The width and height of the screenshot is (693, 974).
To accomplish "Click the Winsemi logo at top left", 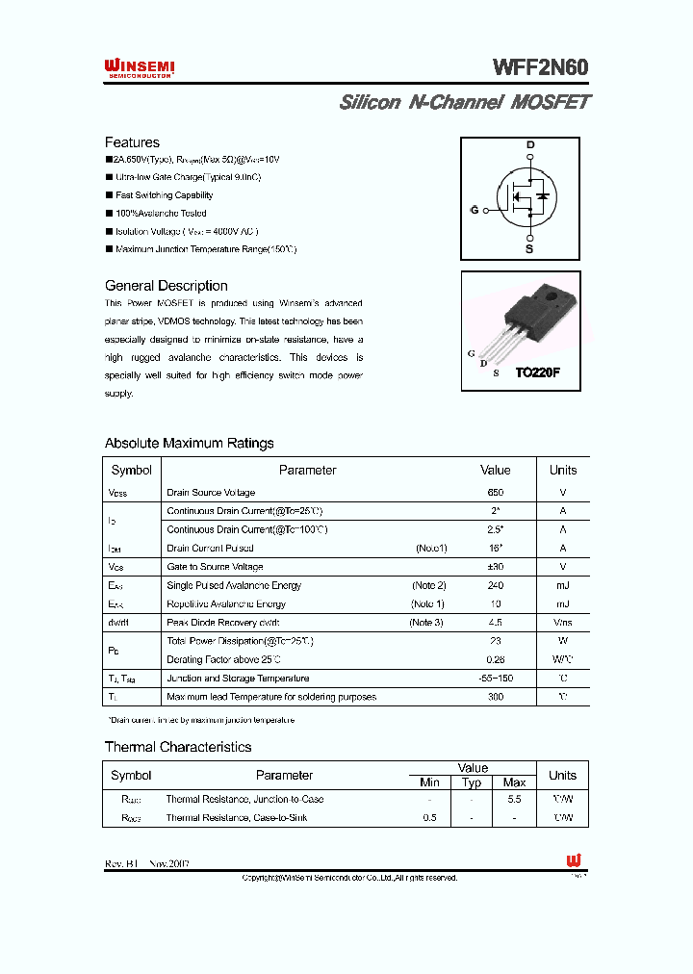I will pos(140,66).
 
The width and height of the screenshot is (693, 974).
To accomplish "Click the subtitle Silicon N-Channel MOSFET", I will pos(464,102).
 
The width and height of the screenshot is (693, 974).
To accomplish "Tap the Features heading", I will pos(132,142).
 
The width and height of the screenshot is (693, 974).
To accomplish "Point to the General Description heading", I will pos(166,286).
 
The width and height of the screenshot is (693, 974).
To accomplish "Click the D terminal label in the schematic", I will pos(529,145).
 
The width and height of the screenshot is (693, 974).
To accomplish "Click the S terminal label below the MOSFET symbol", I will pos(529,248).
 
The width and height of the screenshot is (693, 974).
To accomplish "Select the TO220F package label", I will pos(537,372).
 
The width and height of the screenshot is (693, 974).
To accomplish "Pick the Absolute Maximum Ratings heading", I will pos(189,444).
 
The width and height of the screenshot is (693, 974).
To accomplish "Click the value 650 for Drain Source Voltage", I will pos(496,493).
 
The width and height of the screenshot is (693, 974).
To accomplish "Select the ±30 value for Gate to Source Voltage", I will pos(496,567).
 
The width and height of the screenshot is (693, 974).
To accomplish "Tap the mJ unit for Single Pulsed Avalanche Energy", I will pos(562,585).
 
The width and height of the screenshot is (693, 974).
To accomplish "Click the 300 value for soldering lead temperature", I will pos(496,697).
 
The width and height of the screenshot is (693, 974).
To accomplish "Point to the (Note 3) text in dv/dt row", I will pos(426,623).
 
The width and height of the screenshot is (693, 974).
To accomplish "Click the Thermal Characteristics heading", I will pos(178,747).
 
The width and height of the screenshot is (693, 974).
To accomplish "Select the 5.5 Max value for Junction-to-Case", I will pos(514,800).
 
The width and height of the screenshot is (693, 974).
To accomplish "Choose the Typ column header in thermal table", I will pos(472,782).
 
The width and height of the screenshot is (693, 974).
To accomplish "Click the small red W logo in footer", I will pos(574,861).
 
